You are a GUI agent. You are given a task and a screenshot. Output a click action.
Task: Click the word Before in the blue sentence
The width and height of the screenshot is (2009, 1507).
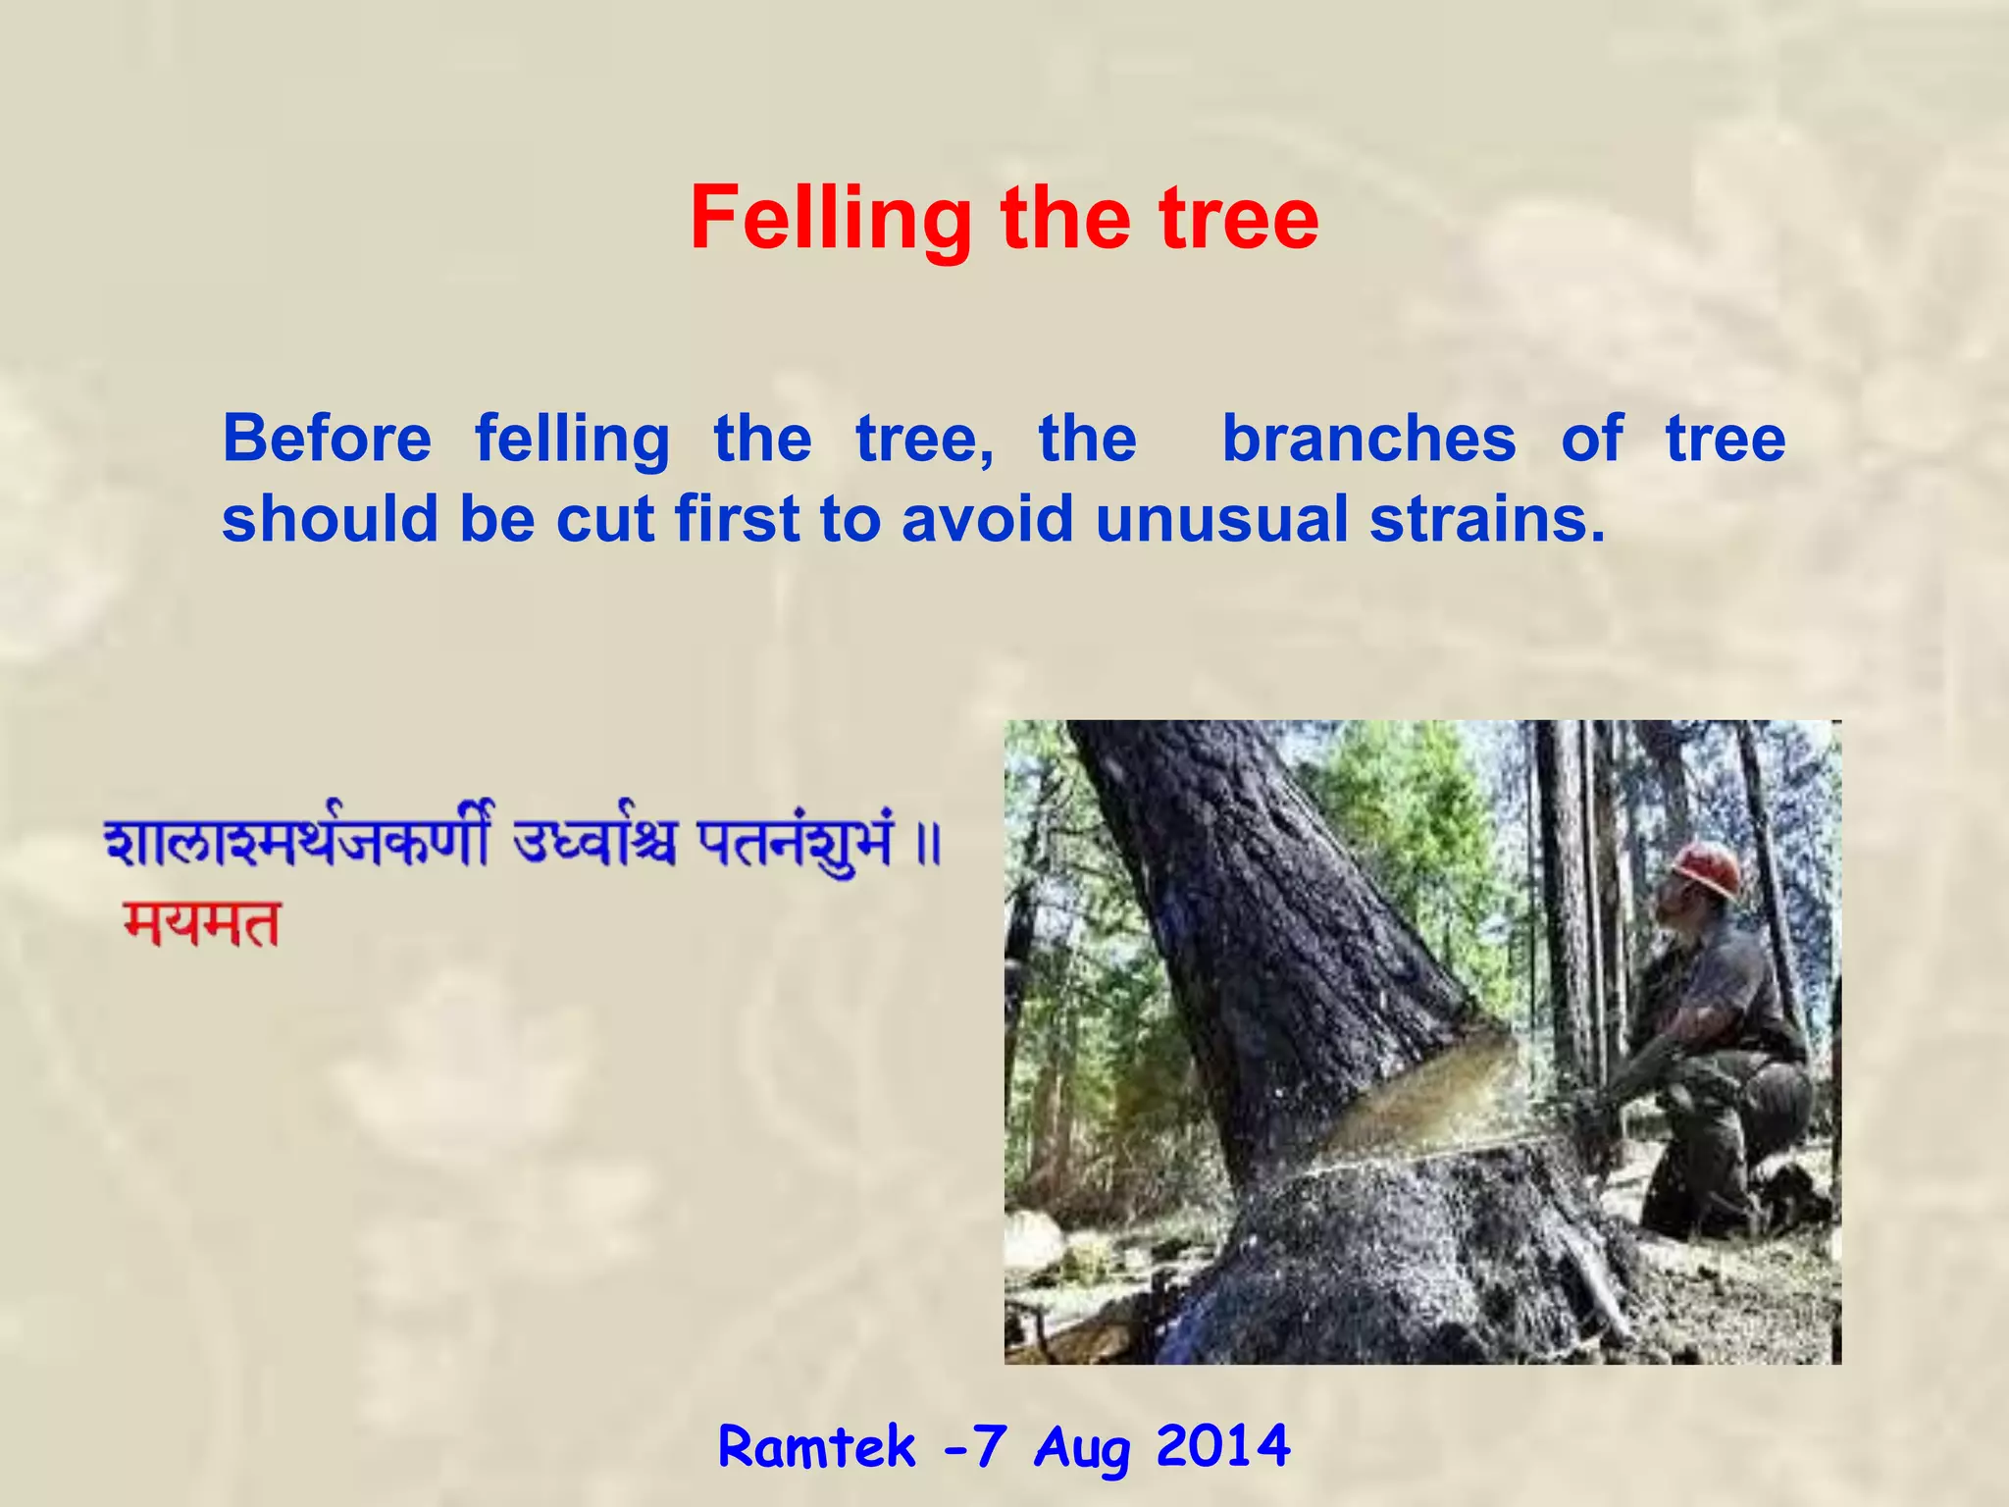tap(327, 439)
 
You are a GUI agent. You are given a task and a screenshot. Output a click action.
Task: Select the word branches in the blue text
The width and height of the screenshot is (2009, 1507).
tap(1368, 439)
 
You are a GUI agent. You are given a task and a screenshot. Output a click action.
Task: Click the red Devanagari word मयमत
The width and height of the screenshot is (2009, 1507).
tap(202, 924)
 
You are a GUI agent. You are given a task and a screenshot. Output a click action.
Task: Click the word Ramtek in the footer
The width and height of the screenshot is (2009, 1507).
tap(816, 1446)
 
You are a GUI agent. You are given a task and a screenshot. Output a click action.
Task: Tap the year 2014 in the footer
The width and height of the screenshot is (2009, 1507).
tap(1222, 1446)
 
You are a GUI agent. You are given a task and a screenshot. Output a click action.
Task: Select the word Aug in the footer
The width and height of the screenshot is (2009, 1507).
tap(1081, 1448)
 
